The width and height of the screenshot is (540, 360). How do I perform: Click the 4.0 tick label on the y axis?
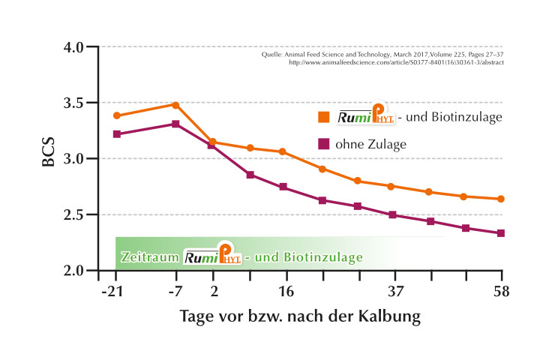click(79, 46)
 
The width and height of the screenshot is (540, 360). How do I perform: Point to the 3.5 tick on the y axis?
click(79, 103)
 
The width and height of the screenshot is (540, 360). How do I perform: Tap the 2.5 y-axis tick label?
click(79, 214)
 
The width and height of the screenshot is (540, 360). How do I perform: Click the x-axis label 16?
click(285, 291)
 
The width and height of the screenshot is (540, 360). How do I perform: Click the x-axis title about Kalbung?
click(300, 316)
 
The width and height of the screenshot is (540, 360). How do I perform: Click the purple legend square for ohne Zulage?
click(323, 142)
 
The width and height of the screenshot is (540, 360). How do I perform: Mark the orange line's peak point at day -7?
click(175, 105)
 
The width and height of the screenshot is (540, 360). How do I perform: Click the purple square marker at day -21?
click(116, 134)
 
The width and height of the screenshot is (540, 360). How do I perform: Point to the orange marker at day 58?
click(501, 199)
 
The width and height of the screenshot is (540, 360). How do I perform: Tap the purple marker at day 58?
click(501, 233)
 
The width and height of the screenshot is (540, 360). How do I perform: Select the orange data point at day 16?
click(282, 151)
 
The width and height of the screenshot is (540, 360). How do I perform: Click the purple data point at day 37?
click(393, 215)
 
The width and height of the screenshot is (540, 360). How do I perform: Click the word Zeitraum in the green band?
click(149, 257)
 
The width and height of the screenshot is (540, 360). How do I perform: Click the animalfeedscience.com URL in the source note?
click(396, 62)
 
